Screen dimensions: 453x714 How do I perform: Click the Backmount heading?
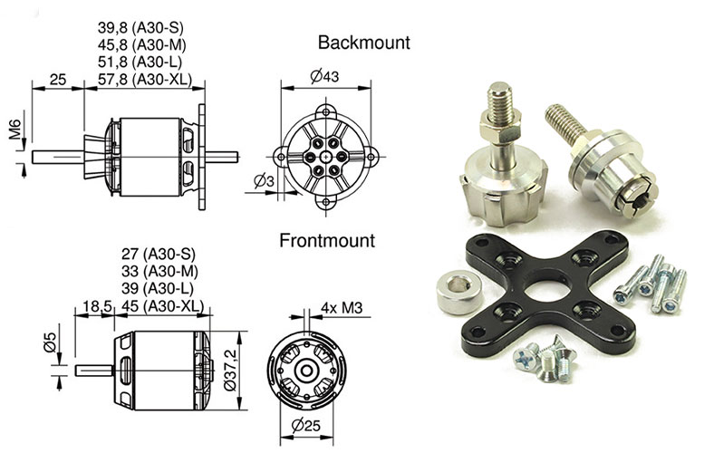point(363,43)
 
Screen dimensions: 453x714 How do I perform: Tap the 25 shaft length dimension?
point(57,81)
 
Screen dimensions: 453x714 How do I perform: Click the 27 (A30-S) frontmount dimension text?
point(159,254)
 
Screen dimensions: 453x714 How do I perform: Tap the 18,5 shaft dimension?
point(97,305)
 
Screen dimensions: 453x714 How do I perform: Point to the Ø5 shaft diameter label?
point(48,344)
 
